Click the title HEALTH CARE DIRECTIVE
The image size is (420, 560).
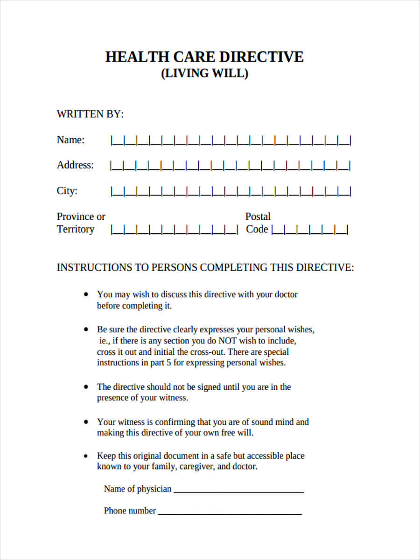click(204, 57)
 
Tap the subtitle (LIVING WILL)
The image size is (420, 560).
click(204, 74)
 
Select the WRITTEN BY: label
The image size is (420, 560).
click(90, 114)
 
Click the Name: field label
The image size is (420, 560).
click(70, 140)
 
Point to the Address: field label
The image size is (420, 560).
click(75, 165)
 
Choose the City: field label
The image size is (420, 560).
click(67, 191)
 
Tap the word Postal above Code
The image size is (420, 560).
click(258, 217)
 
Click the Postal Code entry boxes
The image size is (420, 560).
click(309, 230)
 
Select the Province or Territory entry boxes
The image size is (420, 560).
click(174, 230)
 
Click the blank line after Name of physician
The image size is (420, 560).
click(238, 490)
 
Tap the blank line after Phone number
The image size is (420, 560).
click(230, 511)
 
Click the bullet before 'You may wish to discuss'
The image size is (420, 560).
click(85, 294)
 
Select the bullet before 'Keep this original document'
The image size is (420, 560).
click(85, 455)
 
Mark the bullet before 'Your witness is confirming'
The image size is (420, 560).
click(85, 422)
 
